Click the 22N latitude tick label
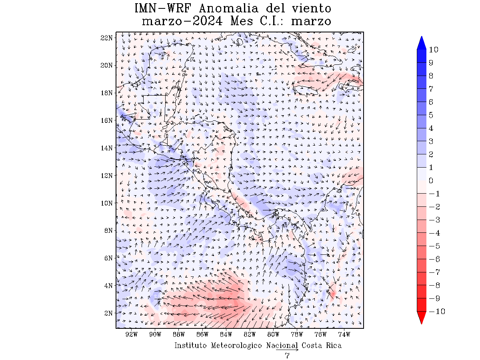(107, 38)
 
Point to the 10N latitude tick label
(107, 203)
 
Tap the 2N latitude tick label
(108, 313)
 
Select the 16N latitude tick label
(107, 120)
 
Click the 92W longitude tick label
(132, 334)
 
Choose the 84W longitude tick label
(226, 334)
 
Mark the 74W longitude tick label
(344, 334)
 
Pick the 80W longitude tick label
(274, 334)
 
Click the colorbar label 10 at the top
(433, 50)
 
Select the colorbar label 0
(431, 181)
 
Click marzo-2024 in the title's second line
(182, 21)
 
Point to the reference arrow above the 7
(287, 350)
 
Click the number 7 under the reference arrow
(287, 356)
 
